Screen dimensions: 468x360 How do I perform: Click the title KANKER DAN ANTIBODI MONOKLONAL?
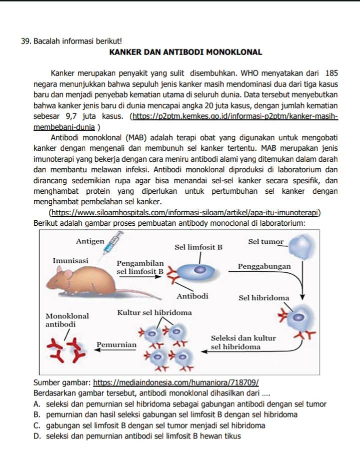point(185,51)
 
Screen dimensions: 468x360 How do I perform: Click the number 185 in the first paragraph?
point(331,73)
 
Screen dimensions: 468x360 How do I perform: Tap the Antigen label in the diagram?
point(90,241)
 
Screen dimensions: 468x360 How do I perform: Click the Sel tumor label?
point(265,242)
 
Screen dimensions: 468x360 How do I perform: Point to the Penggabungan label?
point(264,266)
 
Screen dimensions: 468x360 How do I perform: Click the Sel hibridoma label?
point(263,298)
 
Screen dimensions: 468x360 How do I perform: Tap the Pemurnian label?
point(116,345)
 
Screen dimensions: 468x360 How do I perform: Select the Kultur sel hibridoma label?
point(154,313)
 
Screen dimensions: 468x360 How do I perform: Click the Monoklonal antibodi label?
point(67,320)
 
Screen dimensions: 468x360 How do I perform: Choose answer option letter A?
point(37,405)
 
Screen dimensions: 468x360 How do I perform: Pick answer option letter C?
point(37,426)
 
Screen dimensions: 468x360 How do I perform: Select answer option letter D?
point(37,436)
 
